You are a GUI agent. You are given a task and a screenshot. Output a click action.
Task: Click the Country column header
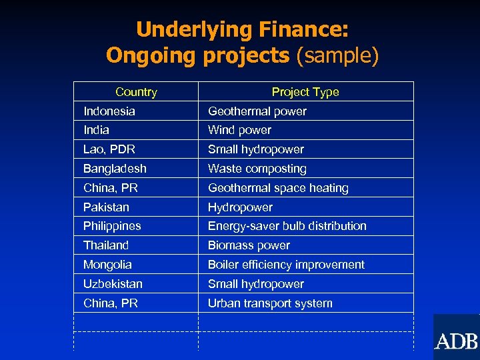click(x=136, y=92)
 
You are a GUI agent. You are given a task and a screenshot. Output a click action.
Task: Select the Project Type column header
click(x=305, y=92)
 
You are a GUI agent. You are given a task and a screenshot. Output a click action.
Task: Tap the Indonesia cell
click(x=109, y=111)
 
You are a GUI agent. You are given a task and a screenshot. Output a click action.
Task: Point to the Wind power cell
click(x=239, y=130)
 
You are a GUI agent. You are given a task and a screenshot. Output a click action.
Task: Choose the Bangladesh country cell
click(x=115, y=169)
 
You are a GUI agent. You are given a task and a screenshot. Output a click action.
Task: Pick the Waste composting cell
click(x=257, y=169)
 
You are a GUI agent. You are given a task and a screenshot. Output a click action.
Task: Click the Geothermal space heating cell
click(x=278, y=188)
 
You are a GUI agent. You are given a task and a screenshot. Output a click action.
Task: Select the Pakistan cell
click(x=107, y=207)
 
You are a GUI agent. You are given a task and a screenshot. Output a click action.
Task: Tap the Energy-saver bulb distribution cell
click(x=287, y=226)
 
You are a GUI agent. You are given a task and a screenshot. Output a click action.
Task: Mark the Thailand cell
click(x=106, y=245)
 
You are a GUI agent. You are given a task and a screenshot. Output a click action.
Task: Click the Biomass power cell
click(x=249, y=245)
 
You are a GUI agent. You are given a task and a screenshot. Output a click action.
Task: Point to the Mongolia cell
click(x=108, y=265)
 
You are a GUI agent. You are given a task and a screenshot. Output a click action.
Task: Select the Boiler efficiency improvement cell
click(x=286, y=265)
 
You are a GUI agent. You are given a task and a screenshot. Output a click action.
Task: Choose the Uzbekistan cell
click(x=113, y=284)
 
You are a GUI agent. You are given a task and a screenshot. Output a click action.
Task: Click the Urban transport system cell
click(x=270, y=303)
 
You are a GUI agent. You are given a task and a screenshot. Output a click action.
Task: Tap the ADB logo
click(x=457, y=341)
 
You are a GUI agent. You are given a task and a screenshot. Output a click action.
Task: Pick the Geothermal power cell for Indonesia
click(x=257, y=111)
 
